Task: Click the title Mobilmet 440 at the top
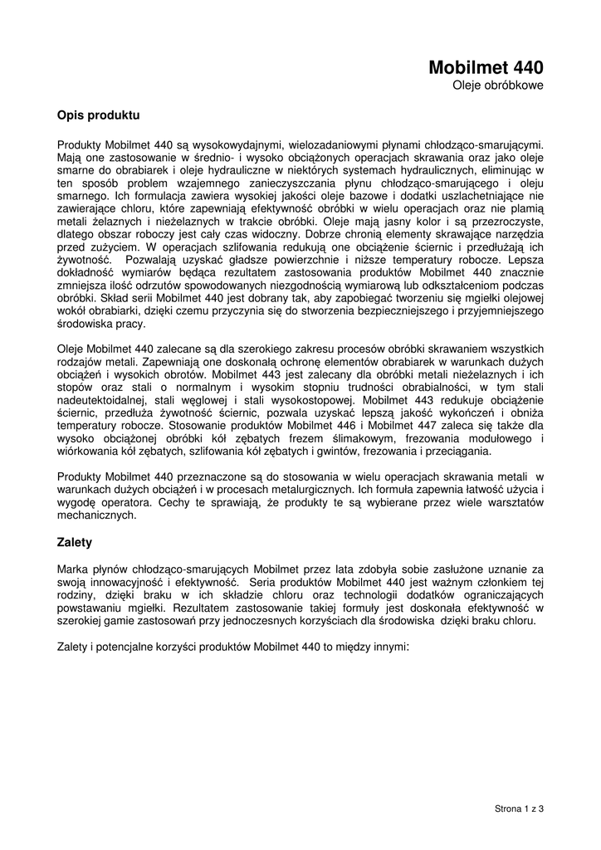pos(486,67)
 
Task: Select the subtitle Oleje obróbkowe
pos(498,86)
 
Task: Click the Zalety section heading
pos(75,542)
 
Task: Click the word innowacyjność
pos(115,581)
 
